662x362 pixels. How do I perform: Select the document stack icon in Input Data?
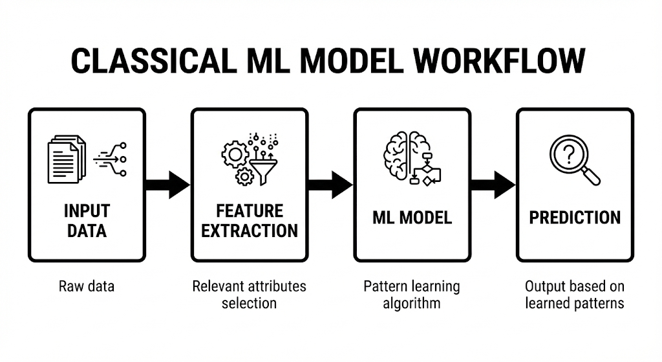point(67,158)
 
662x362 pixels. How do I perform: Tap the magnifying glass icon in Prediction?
point(574,160)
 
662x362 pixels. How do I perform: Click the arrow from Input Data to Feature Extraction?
point(167,185)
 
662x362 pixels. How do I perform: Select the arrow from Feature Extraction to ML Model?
point(330,185)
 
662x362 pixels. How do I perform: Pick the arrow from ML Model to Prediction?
point(493,185)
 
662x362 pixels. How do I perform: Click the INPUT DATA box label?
point(87,221)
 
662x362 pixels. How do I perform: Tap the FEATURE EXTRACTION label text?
point(250,221)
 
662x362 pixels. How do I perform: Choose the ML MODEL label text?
point(412,218)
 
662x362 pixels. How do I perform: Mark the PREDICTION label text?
point(575,218)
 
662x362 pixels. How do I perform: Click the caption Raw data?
point(87,286)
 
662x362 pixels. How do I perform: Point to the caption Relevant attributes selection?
point(250,294)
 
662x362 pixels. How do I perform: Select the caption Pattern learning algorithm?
point(412,294)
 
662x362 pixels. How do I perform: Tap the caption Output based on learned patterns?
point(575,294)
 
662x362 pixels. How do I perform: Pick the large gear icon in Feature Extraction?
point(235,154)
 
